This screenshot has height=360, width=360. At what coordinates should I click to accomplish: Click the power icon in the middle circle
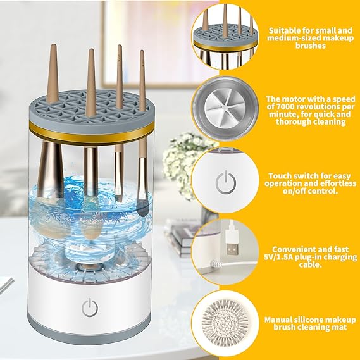(x=225, y=183)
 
